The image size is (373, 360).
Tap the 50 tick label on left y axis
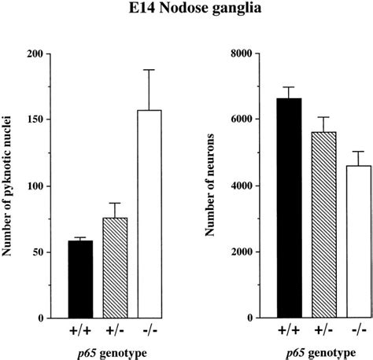pyautogui.click(x=35, y=252)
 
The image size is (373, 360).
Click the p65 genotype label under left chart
pyautogui.click(x=114, y=352)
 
